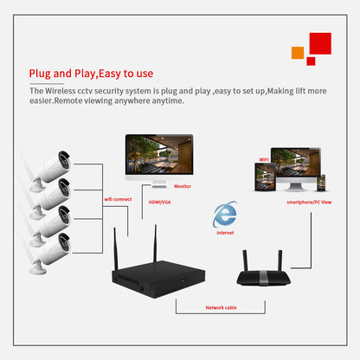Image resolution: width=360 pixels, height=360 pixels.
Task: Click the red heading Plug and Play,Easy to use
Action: click(91, 74)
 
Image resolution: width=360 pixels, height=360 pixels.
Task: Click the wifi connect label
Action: click(117, 199)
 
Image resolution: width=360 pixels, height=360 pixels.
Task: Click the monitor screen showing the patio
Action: click(160, 153)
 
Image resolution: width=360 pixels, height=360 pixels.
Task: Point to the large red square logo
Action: click(319, 43)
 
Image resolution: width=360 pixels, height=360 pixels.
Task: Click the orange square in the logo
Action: click(298, 53)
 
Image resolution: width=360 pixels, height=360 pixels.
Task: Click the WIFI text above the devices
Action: click(264, 160)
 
